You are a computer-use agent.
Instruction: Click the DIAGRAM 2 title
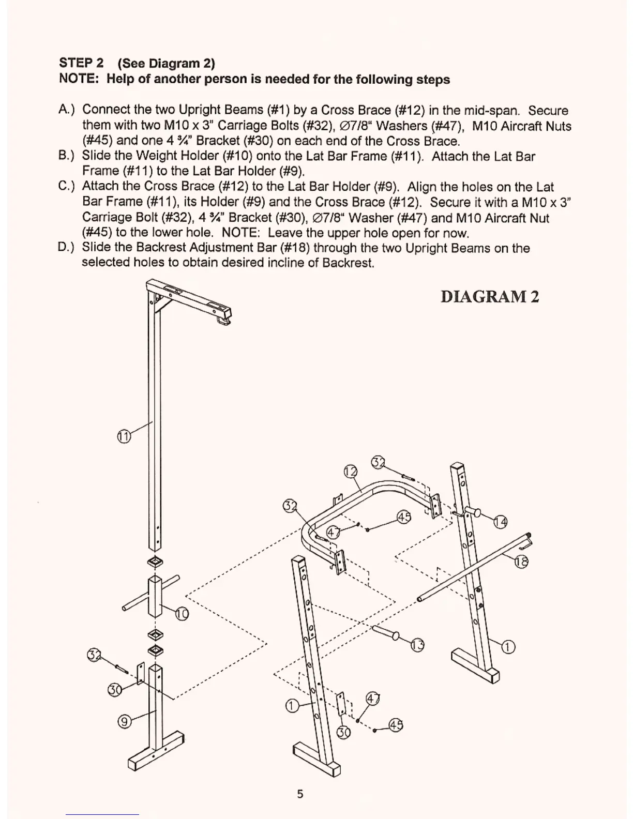coord(489,297)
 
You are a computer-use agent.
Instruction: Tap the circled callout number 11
coord(123,436)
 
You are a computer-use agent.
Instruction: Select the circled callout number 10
coord(182,614)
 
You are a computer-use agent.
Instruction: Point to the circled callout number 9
coord(124,721)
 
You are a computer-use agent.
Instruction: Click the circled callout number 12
coord(351,472)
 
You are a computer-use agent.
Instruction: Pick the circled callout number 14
coord(500,522)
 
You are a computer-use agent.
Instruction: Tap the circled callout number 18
coord(521,562)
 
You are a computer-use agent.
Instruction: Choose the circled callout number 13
coord(417,645)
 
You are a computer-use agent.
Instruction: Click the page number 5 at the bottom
coord(300,794)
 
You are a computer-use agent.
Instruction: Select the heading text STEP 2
coord(81,63)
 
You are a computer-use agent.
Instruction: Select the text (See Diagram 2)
coord(166,64)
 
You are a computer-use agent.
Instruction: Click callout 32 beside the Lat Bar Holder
coord(94,655)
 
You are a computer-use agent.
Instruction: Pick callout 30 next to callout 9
coord(115,690)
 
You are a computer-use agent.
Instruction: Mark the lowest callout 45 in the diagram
coord(396,725)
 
